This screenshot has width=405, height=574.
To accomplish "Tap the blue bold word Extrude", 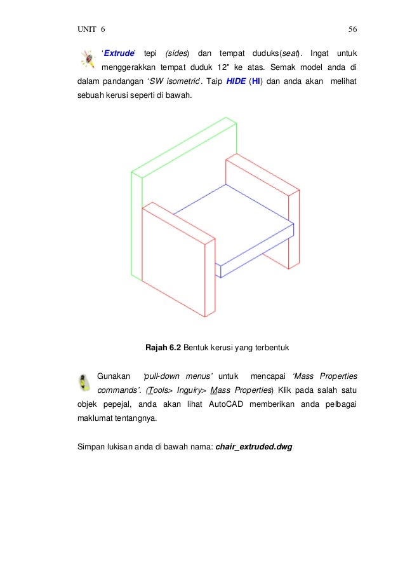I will point(118,51).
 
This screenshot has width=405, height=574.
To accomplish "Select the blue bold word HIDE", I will point(236,81).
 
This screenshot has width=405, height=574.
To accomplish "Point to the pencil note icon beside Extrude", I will point(86,58).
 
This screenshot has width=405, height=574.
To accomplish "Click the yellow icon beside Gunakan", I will point(83,383).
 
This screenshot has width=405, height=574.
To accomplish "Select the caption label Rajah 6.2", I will point(163,347).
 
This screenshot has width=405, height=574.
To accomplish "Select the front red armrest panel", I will point(173,261).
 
